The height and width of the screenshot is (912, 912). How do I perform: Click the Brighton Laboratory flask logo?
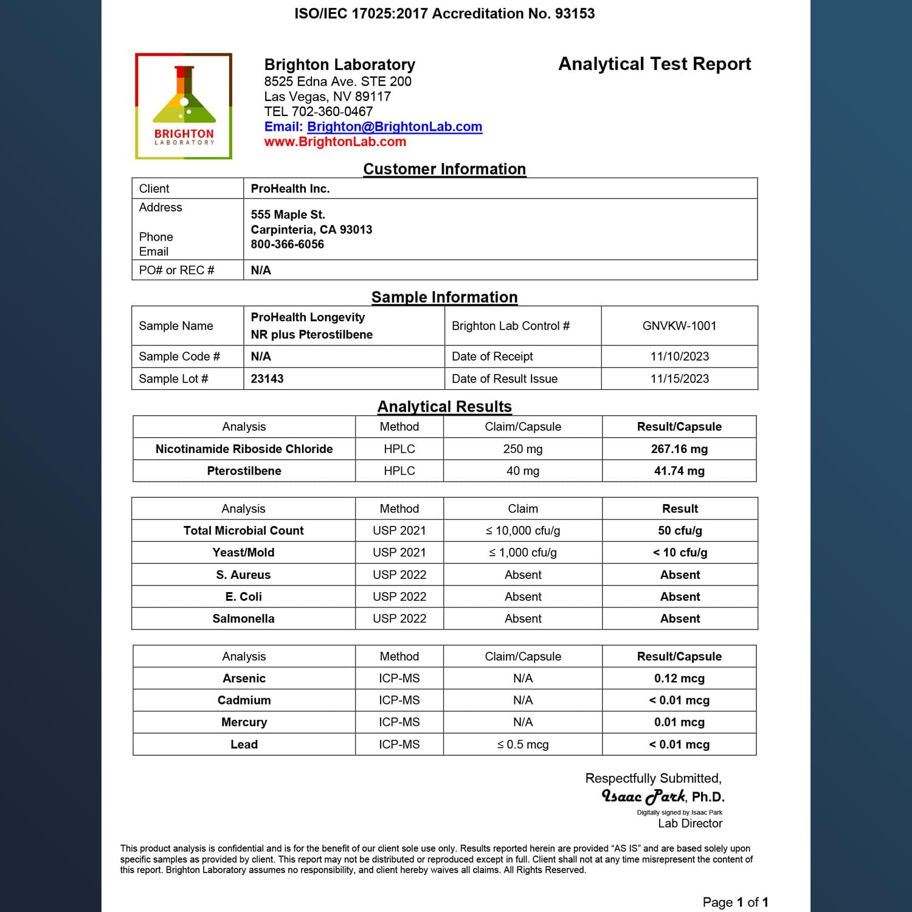(184, 106)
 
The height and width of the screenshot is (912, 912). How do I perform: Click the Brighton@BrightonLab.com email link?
(394, 126)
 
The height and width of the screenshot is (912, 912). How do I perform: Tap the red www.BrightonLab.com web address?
(335, 142)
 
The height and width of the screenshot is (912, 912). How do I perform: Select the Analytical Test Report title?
(654, 64)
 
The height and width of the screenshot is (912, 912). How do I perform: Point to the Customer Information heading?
(444, 169)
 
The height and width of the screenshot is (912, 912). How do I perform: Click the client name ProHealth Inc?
(290, 188)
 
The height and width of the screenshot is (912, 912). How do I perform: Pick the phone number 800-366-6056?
(287, 244)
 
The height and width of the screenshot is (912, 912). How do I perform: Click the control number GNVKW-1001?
(679, 326)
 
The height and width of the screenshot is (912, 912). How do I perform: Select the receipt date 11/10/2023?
(679, 356)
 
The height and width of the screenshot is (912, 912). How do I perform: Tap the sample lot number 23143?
(267, 379)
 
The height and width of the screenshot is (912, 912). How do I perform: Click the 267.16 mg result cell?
(679, 449)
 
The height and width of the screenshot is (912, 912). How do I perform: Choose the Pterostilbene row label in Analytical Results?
(244, 471)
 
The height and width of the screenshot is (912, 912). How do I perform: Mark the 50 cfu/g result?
(680, 530)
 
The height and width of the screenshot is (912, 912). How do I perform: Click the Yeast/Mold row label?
(243, 552)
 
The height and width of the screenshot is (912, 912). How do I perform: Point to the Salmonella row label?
(243, 618)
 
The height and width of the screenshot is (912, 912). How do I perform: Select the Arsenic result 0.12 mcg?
(679, 678)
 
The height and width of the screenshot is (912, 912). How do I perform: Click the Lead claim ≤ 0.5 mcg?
(522, 744)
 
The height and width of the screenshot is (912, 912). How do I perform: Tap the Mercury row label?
(244, 722)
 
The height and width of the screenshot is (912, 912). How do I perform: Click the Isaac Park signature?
(643, 796)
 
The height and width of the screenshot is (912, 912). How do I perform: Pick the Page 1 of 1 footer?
(735, 902)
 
